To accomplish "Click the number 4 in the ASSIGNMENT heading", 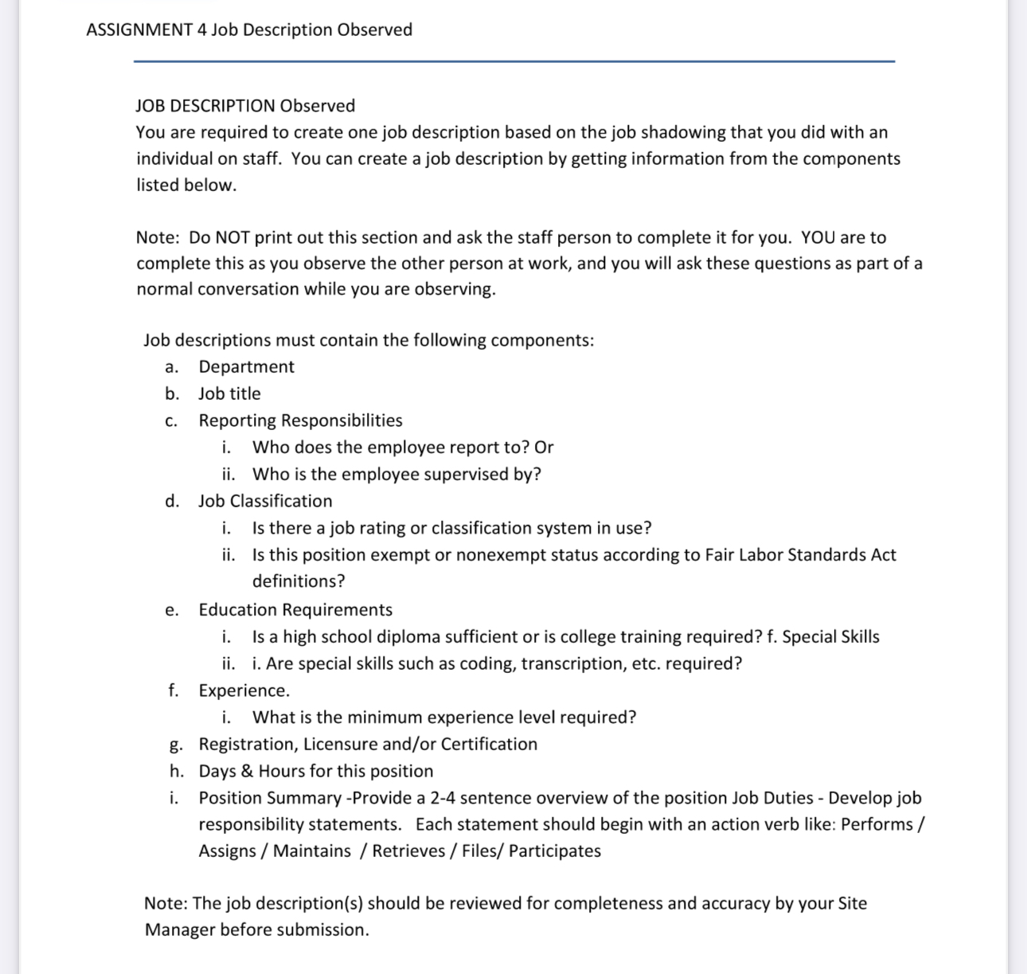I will (x=201, y=30).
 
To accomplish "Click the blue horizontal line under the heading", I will (x=513, y=61).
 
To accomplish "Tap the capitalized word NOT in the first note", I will (x=232, y=237).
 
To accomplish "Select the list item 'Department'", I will (x=246, y=367).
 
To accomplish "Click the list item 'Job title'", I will (x=229, y=394).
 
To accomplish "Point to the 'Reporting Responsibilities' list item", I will (x=300, y=421).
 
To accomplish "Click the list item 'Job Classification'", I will (x=265, y=502).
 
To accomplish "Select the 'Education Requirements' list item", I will (x=295, y=610).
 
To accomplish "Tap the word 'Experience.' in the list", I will (x=244, y=690).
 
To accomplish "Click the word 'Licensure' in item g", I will (x=340, y=745).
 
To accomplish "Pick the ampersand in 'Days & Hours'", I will (x=247, y=772).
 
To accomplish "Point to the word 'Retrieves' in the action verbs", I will (x=407, y=851).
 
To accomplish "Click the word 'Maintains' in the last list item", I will (x=311, y=851).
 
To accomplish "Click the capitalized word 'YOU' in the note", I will (x=818, y=237).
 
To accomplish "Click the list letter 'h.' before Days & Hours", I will (x=177, y=772).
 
